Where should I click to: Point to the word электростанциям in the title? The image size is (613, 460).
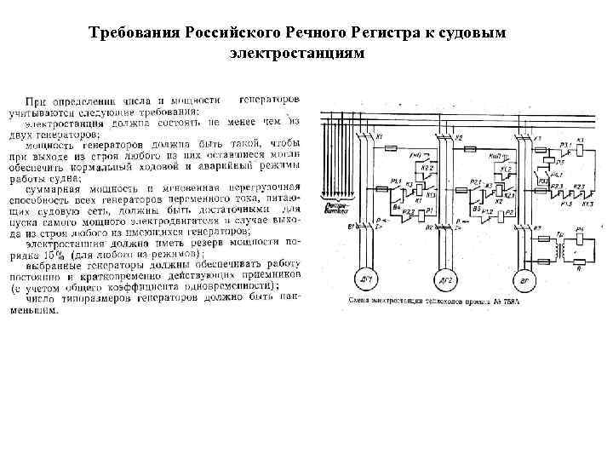[x=296, y=53]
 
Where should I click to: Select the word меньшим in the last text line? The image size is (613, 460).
[x=34, y=310]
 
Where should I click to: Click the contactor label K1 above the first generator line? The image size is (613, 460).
[x=379, y=137]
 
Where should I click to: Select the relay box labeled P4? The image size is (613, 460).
[x=581, y=239]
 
